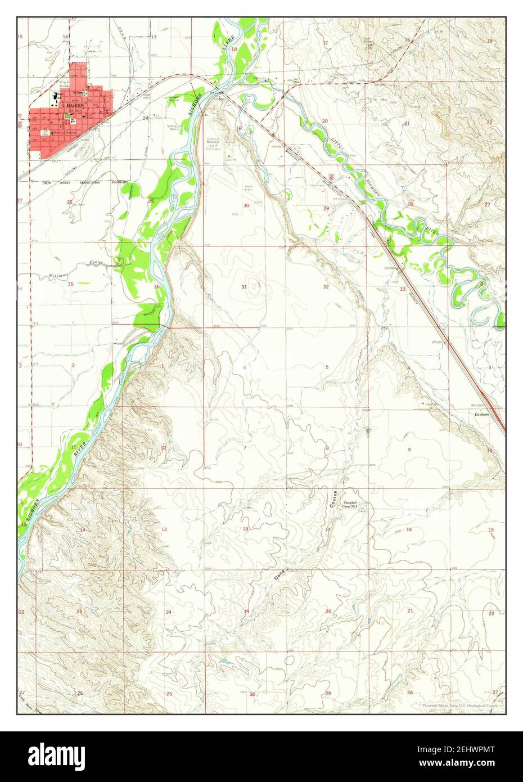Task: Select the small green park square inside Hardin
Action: (67, 116)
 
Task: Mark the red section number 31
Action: (244, 287)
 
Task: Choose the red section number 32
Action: (326, 287)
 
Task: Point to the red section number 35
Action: (70, 284)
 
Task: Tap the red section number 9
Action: (409, 449)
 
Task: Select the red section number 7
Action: (245, 448)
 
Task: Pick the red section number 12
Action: (163, 447)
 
